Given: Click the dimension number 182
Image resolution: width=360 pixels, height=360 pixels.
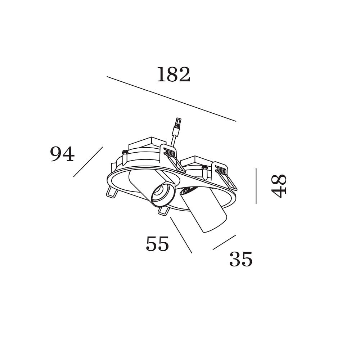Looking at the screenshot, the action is (x=174, y=75).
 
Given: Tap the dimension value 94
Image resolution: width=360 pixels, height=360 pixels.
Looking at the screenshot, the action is (x=62, y=154).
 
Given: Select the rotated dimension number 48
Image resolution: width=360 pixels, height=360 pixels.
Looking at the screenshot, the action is (x=279, y=186).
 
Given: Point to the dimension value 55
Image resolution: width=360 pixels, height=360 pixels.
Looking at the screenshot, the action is (x=158, y=244).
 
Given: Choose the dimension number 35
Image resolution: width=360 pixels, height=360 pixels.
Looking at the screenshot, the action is (x=241, y=259).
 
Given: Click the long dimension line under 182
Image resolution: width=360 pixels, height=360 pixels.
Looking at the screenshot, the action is (x=171, y=99).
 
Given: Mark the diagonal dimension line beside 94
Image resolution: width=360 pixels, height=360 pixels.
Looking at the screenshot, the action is (x=88, y=162).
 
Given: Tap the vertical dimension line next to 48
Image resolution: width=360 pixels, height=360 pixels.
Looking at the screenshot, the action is (x=256, y=186).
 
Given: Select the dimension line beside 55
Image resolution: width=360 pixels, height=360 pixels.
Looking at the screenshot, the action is (x=181, y=235).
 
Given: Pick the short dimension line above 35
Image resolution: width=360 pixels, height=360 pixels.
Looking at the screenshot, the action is (x=224, y=242).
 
